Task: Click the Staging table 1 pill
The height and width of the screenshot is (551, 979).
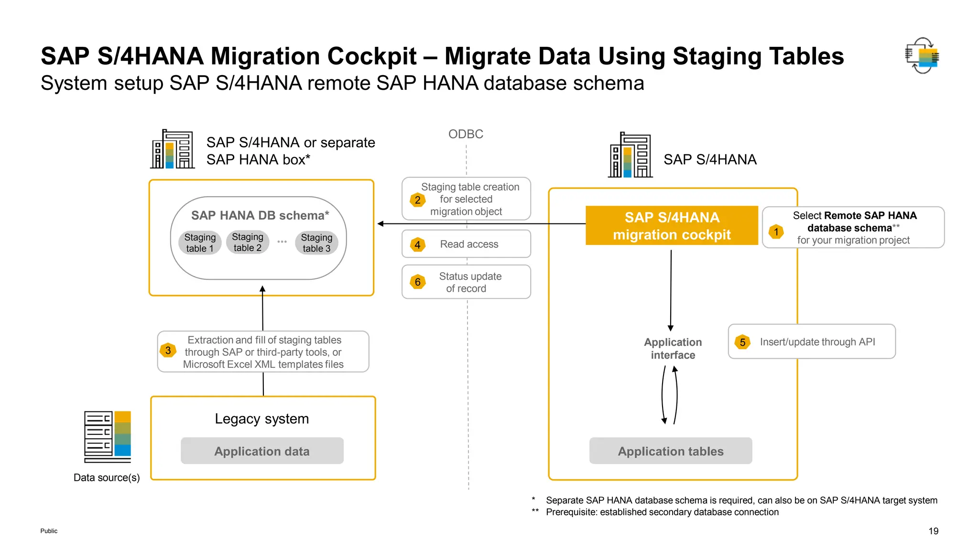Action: (x=200, y=243)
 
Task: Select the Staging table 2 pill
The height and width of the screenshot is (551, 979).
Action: (x=248, y=242)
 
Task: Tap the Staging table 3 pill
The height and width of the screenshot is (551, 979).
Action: (x=316, y=243)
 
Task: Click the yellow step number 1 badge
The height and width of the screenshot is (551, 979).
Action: (x=776, y=232)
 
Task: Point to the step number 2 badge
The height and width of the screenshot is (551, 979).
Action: (x=418, y=200)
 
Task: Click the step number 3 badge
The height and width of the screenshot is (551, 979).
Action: (x=168, y=351)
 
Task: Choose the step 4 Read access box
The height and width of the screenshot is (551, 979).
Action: (x=466, y=244)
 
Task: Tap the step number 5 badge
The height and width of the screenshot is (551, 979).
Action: (x=742, y=342)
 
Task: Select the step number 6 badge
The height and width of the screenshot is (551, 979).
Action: (x=418, y=282)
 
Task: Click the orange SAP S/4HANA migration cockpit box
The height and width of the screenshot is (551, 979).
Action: (x=672, y=226)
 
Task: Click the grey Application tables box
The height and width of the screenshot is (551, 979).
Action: (x=670, y=451)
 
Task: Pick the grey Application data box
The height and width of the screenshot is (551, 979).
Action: (x=262, y=451)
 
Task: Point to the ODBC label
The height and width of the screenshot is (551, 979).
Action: (x=466, y=134)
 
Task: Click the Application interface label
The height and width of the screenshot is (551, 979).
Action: (x=673, y=349)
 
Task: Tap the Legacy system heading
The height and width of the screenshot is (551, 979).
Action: (x=262, y=419)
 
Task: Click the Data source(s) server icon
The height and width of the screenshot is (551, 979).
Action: (x=108, y=436)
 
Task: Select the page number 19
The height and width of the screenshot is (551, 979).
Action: (x=933, y=531)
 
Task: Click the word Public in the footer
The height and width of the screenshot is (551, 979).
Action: (x=49, y=531)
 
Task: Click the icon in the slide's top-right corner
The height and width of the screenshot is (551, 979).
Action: (x=922, y=56)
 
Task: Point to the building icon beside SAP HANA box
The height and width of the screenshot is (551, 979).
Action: (x=172, y=149)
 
